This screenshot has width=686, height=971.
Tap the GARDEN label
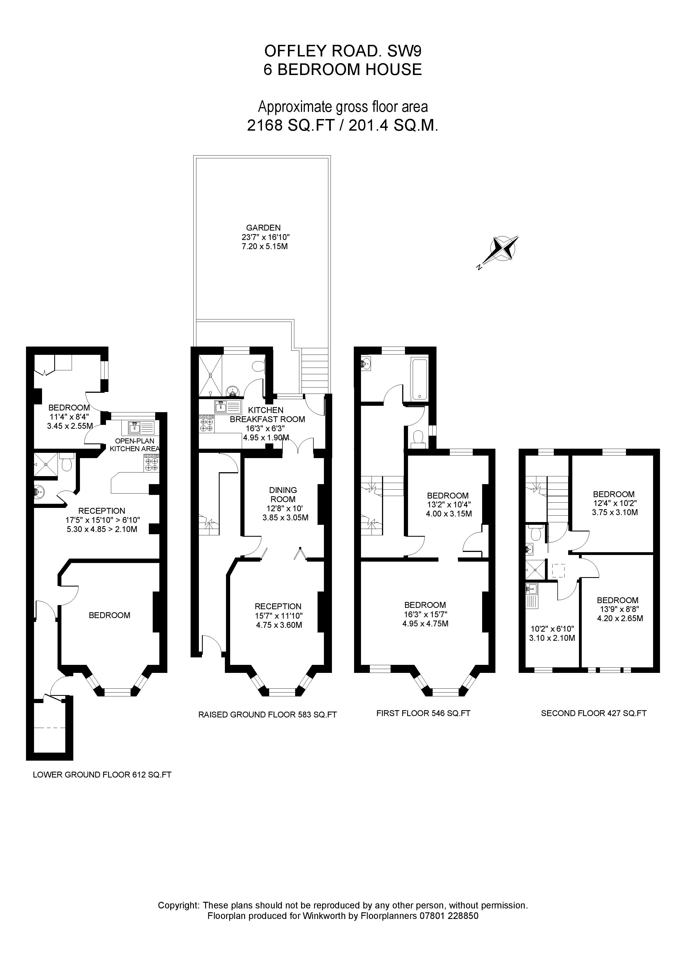[263, 228]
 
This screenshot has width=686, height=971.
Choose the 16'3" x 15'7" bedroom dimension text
[425, 614]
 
